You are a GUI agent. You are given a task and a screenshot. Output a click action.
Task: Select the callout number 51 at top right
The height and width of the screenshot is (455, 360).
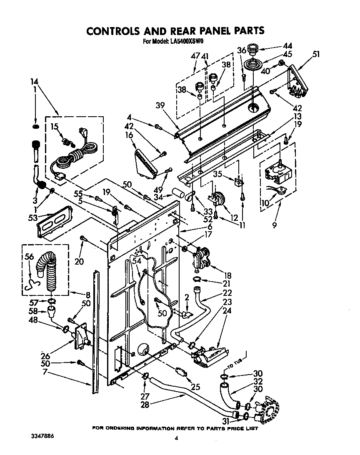[317, 53]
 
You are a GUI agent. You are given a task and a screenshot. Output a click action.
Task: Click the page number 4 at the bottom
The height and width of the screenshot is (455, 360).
[177, 438]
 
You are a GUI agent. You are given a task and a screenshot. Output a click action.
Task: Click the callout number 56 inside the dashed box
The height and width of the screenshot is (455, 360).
[29, 257]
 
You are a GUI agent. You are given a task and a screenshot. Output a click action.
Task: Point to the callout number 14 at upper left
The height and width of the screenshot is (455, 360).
[34, 82]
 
